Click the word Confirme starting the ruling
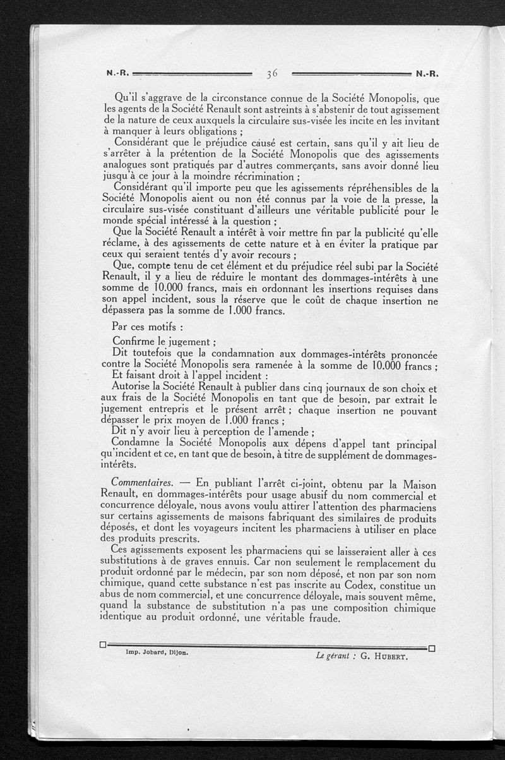pos(134,342)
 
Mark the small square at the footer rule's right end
pos(432,648)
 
